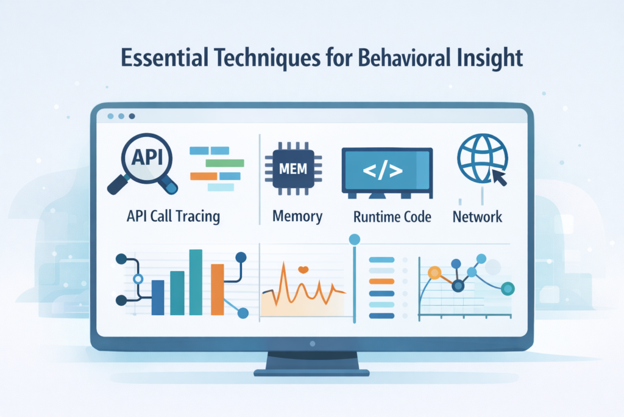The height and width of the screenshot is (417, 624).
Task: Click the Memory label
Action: (x=297, y=216)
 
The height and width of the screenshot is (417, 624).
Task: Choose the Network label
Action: (x=477, y=216)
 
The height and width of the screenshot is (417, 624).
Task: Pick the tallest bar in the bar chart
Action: (x=196, y=281)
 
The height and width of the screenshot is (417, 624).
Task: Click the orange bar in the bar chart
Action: (x=217, y=289)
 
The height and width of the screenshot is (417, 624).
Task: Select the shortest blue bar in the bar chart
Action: (x=158, y=297)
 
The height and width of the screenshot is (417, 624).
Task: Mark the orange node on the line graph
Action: (x=434, y=273)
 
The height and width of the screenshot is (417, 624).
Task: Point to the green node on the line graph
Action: (x=507, y=288)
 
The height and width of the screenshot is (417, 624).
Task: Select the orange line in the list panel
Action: (x=383, y=281)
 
